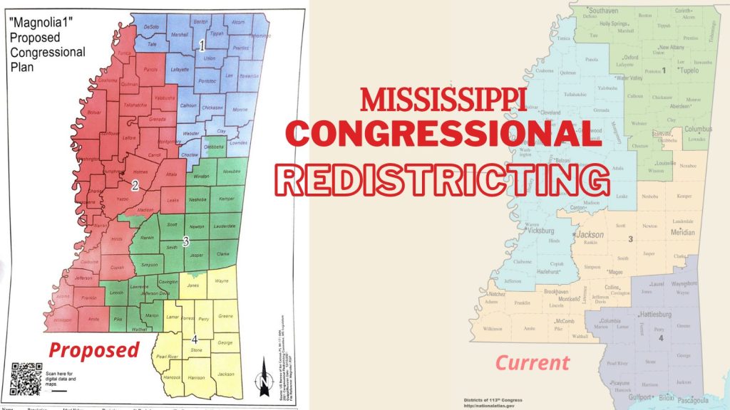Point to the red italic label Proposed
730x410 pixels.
(93, 349)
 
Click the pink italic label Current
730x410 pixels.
(533, 363)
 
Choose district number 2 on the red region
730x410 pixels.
(134, 185)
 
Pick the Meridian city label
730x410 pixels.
(682, 233)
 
